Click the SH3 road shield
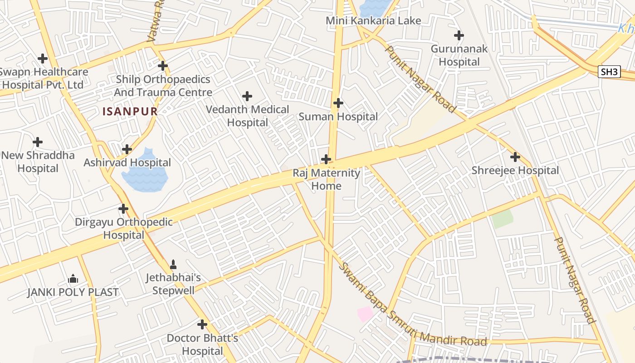point(609,72)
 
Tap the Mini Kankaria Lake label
point(373,20)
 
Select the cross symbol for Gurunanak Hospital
point(459,35)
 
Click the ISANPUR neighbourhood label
point(130,111)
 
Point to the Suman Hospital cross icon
point(338,103)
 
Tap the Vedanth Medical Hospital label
point(247,116)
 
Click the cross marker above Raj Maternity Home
point(326,159)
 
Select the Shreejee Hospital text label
point(515,171)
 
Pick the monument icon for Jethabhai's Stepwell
point(173,264)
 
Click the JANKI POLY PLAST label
point(73,292)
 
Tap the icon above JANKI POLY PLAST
point(73,279)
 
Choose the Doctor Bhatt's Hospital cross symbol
point(202,324)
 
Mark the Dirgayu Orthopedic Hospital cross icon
point(123,209)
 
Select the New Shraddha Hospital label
point(38,162)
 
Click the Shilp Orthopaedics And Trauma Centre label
point(163,86)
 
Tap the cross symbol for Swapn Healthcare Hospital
point(43,59)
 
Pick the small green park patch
point(502,219)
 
